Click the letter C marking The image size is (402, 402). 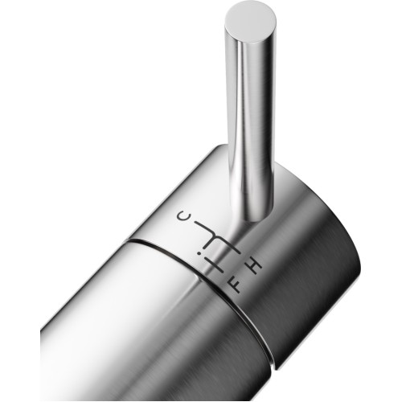pos(180,215)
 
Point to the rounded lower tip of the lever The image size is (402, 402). pos(255,218)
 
